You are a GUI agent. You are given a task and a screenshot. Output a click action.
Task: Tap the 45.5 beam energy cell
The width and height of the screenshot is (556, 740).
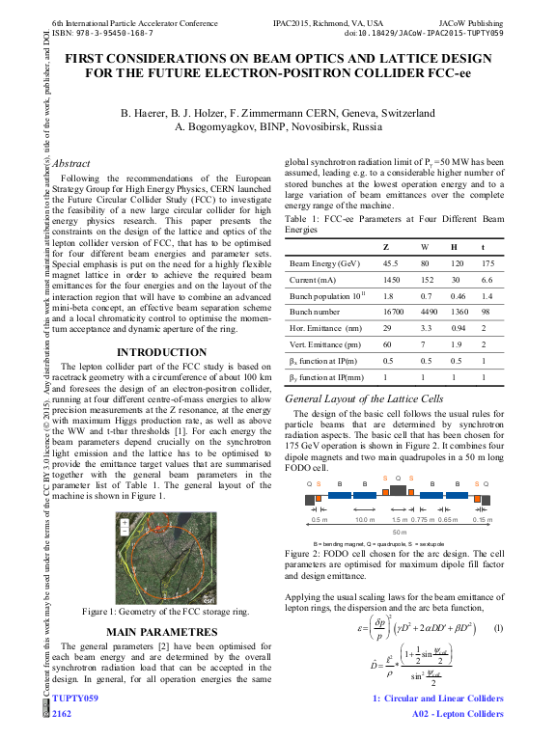click(x=391, y=263)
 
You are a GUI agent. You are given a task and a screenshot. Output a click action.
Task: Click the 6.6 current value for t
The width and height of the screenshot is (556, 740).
click(x=487, y=280)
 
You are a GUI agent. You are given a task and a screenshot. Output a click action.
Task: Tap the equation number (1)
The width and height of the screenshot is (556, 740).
click(x=498, y=628)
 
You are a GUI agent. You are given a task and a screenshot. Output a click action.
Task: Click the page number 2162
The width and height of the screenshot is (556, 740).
click(x=62, y=714)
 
